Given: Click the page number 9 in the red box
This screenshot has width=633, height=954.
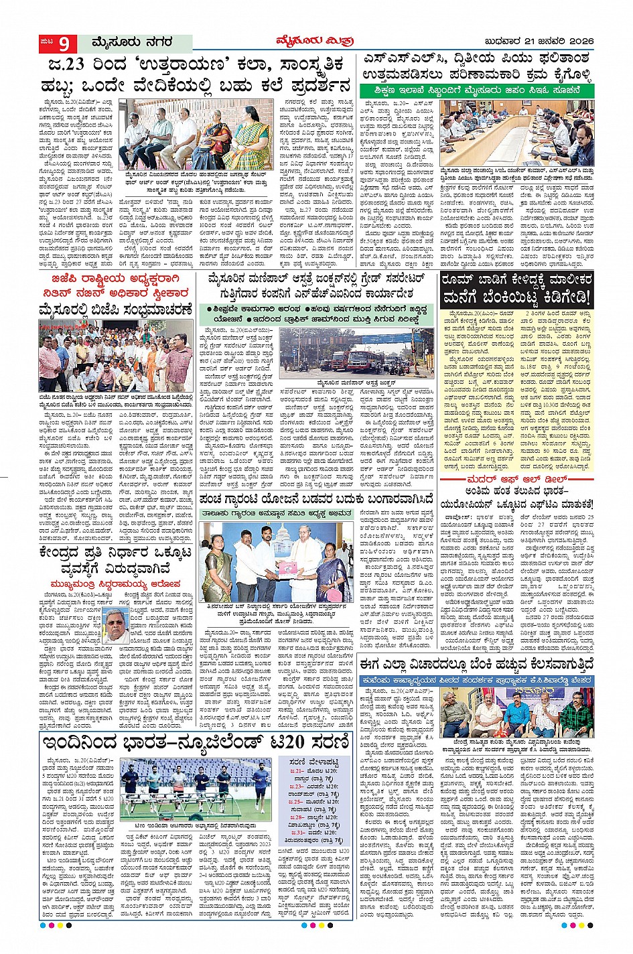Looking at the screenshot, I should [x=64, y=44].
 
